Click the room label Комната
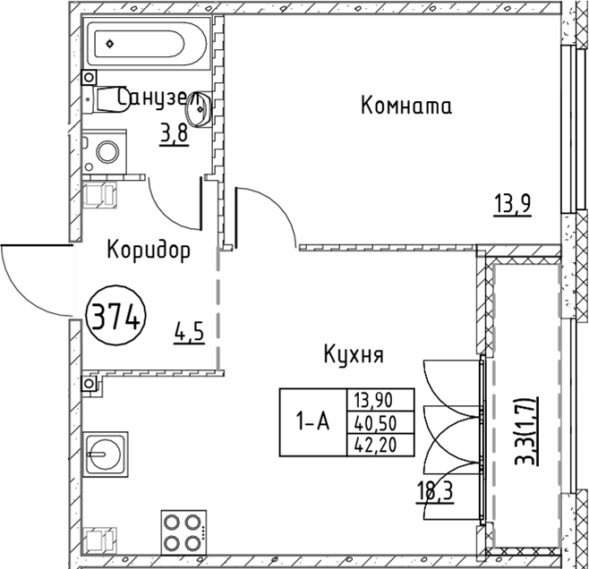[405, 106]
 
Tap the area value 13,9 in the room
[513, 204]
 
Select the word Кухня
[354, 355]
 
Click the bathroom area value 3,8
[174, 134]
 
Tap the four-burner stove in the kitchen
[184, 533]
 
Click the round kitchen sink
[106, 453]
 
